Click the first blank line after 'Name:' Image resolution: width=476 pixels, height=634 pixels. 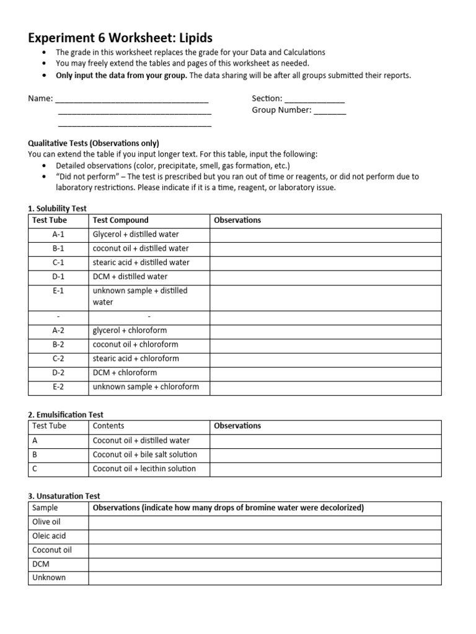coord(131,100)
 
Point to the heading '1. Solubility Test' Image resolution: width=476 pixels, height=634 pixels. coord(57,209)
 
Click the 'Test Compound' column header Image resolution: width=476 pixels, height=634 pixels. coord(120,220)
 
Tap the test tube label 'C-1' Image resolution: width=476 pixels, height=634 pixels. coord(59,263)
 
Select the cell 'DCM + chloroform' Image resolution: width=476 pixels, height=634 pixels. coord(125,373)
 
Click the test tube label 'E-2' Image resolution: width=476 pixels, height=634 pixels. coord(59,387)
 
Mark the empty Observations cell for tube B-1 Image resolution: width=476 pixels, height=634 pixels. coord(325,249)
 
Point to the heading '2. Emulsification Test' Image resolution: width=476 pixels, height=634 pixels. coord(66,414)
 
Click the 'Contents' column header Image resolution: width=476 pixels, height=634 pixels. coord(108,426)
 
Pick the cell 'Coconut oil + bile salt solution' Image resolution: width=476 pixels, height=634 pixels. coord(144,454)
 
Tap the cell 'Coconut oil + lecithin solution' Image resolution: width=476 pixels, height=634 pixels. coord(144,469)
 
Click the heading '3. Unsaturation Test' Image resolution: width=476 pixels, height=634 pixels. coord(64,496)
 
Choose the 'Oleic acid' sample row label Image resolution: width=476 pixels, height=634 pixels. coord(48,536)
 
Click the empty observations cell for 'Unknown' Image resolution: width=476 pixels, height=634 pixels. coord(265,578)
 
